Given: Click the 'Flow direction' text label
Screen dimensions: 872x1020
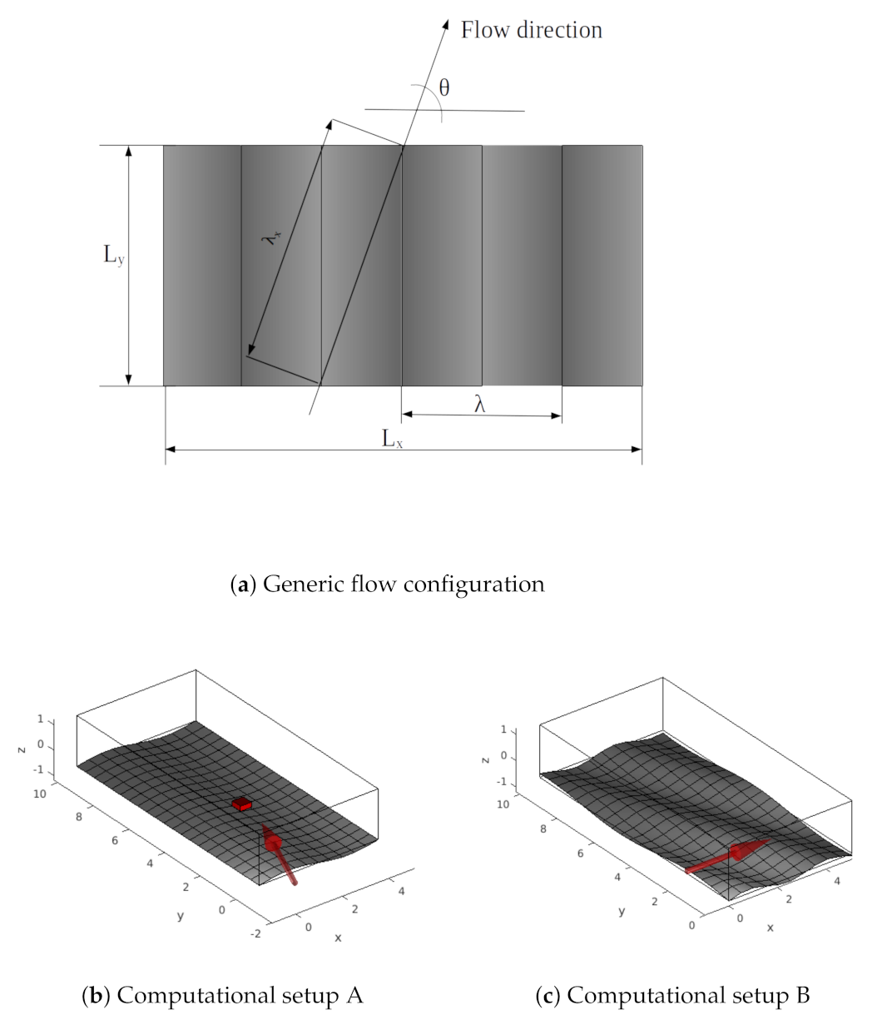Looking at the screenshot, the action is tap(531, 30).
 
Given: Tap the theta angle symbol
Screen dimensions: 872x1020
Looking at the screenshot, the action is tap(443, 87).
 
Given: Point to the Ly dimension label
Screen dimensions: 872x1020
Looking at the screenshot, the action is tap(114, 255).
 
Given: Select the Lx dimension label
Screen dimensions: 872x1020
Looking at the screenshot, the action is tap(392, 438).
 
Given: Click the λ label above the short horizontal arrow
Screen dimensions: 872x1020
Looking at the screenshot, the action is tap(479, 404).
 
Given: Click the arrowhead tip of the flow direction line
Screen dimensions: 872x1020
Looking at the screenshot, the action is tap(448, 20).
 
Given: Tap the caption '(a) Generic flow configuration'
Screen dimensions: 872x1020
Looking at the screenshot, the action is tap(387, 585).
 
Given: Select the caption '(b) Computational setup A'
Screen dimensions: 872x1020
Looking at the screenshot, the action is tap(222, 995).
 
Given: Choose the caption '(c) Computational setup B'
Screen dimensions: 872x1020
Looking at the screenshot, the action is tap(673, 995).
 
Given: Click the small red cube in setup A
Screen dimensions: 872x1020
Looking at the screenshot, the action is tap(241, 804).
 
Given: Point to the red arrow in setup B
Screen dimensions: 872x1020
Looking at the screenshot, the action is tap(728, 856).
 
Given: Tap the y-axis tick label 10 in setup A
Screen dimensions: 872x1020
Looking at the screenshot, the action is tap(40, 794).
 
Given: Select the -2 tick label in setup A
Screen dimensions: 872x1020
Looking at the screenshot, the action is tap(255, 933).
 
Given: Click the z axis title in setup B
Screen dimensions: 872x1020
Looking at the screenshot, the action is tap(485, 760).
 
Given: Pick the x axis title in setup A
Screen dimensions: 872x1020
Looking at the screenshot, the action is tap(338, 938).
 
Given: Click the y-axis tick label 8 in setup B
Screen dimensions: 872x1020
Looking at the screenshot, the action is tap(543, 829).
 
